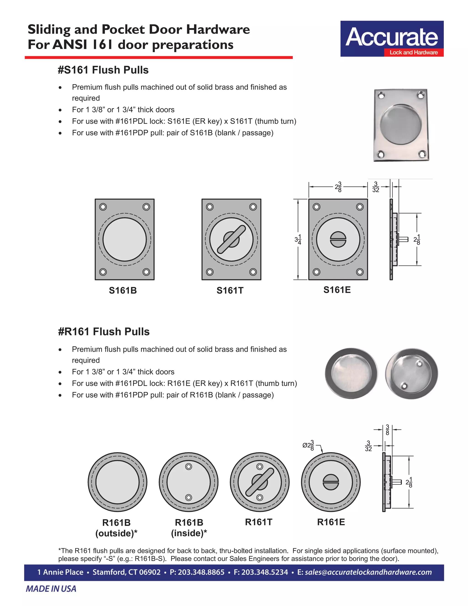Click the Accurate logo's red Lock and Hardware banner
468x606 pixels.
point(413,52)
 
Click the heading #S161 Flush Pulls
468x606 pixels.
point(103,70)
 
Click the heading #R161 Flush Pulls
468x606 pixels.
point(104,332)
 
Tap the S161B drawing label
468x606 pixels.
point(123,290)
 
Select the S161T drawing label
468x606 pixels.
point(230,290)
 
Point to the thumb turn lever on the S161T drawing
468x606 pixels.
point(231,239)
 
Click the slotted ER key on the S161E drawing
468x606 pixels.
point(338,239)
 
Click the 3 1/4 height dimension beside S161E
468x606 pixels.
point(298,239)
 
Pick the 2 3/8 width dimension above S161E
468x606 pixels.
point(338,187)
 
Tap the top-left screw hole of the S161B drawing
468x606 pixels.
point(103,207)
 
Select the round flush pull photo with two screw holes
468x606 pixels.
point(411,373)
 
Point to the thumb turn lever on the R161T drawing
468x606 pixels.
point(260,482)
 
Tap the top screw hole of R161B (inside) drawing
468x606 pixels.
point(189,467)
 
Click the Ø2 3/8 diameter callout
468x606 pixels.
point(308,445)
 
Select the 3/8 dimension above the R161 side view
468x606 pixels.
point(387,430)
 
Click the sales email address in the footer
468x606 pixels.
point(368,572)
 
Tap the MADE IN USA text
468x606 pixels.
point(51,589)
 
